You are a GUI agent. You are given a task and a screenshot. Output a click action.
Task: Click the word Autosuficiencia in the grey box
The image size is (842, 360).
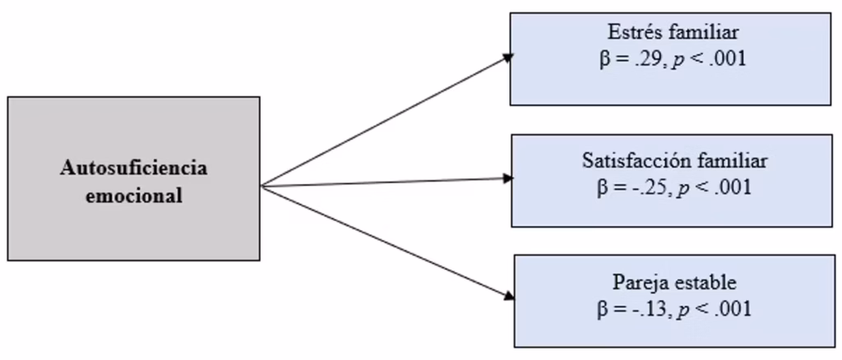coord(133,168)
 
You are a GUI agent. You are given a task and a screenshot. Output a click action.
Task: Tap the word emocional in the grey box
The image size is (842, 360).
coord(133,196)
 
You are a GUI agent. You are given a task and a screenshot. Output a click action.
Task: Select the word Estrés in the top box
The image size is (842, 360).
coord(636,34)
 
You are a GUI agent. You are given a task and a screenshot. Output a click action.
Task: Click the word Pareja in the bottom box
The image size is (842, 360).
coord(636,284)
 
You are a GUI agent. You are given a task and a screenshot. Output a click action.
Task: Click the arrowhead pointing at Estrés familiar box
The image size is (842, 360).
coord(509,58)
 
